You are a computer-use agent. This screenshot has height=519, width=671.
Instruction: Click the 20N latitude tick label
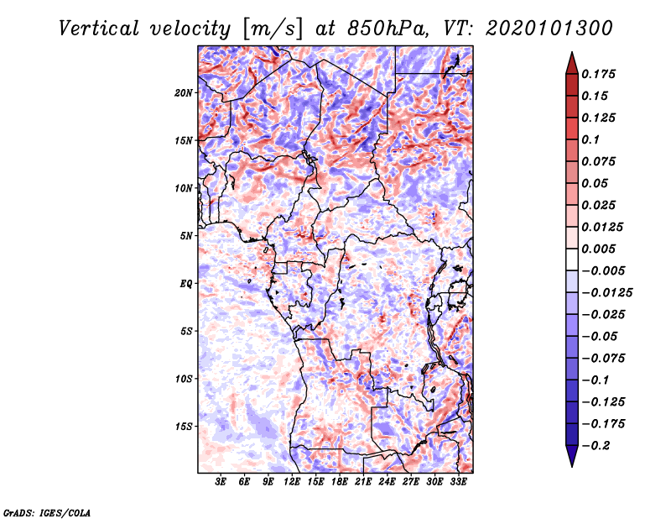(184, 92)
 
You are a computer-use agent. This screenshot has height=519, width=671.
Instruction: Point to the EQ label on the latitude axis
(186, 284)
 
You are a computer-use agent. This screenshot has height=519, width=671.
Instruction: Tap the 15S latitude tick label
(184, 427)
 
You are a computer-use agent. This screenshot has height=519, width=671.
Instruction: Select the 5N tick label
(186, 236)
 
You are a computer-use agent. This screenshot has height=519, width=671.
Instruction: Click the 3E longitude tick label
(221, 482)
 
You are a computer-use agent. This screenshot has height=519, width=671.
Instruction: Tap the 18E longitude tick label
(340, 482)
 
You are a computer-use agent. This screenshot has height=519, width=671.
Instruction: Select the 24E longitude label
(388, 482)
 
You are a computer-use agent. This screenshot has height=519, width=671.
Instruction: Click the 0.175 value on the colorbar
(600, 74)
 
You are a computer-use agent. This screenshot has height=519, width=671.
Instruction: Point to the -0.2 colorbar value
(598, 445)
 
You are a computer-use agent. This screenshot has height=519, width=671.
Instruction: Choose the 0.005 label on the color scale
(600, 249)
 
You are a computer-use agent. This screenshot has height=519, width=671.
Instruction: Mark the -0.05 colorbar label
(601, 336)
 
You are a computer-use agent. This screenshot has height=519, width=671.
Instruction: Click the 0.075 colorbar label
(600, 161)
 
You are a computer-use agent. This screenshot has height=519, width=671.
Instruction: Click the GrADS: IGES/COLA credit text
(47, 511)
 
